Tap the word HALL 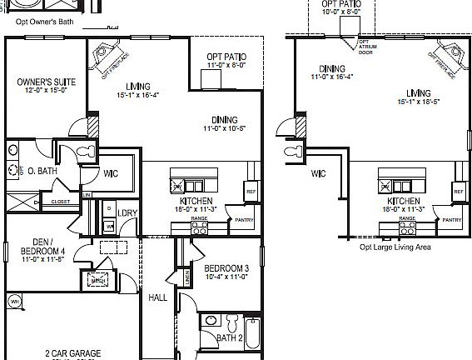click(x=157, y=297)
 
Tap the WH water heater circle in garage click(x=14, y=300)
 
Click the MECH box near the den click(x=98, y=279)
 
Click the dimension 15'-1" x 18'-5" click(x=411, y=102)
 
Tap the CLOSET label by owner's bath click(x=60, y=201)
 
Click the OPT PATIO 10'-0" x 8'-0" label click(x=341, y=8)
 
